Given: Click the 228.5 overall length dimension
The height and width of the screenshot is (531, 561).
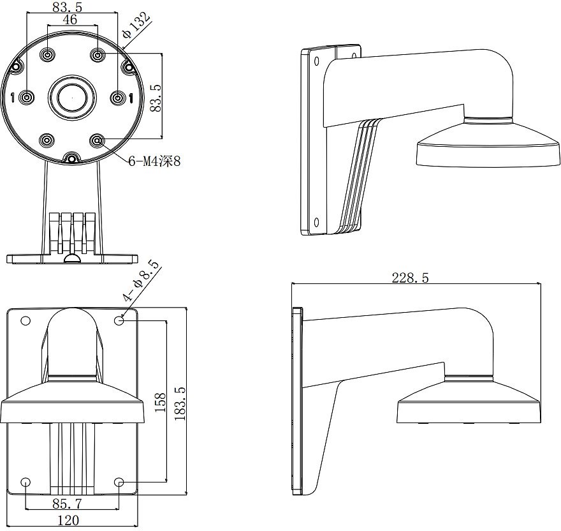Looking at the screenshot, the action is (x=410, y=278).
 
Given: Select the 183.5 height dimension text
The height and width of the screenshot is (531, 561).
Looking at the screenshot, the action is (x=180, y=403).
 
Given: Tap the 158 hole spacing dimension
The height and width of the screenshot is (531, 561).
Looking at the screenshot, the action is (x=160, y=402).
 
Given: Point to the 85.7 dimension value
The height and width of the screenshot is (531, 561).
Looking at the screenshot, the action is (x=68, y=504).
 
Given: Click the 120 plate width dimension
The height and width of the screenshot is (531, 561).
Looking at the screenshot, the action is (x=68, y=520).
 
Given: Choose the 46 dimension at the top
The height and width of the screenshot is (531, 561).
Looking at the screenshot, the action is (x=69, y=20).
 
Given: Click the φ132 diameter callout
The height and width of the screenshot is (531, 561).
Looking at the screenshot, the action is (x=135, y=25).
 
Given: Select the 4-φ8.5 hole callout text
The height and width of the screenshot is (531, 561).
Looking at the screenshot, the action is (x=140, y=281).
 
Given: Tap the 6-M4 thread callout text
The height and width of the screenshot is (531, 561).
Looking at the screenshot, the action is (x=154, y=161).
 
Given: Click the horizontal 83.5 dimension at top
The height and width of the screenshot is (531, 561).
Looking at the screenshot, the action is (x=68, y=7).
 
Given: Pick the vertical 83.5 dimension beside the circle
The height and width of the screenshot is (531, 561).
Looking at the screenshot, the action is (x=156, y=98).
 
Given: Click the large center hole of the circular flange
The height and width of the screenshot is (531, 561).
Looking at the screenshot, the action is (x=72, y=98).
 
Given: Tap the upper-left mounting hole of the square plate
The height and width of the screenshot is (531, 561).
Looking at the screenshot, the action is (x=25, y=320).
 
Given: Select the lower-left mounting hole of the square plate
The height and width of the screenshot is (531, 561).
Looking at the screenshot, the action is (x=25, y=482).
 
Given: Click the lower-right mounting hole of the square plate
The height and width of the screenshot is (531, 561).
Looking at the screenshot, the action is (x=119, y=482).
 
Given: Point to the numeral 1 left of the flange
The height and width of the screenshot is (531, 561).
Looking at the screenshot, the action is (x=13, y=98).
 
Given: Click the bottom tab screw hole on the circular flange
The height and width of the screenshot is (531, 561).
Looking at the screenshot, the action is (x=72, y=158).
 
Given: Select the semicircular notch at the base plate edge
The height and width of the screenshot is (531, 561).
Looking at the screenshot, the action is (x=72, y=258).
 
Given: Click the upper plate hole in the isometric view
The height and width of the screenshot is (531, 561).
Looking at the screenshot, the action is (x=317, y=61).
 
